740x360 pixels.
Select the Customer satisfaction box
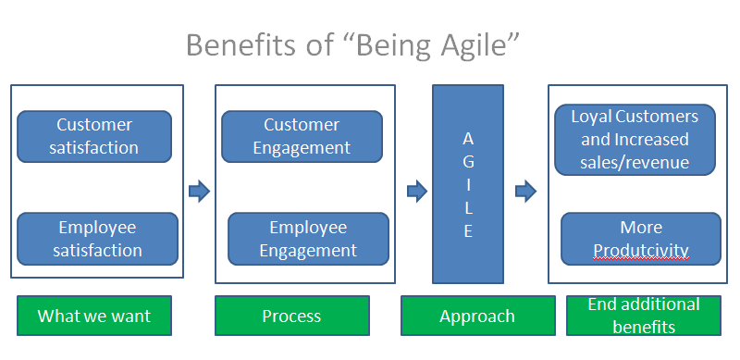coord(94,136)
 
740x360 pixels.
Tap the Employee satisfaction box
coord(97,238)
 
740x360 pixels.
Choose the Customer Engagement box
coord(302,136)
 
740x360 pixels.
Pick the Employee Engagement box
coord(307,238)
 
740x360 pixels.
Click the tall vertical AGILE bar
coord(468,183)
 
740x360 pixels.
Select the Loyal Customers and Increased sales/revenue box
coord(635,140)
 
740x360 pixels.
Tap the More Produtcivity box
coord(641,238)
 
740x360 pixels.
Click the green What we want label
coord(93,316)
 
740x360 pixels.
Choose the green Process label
coord(291,316)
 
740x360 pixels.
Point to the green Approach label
coord(476,316)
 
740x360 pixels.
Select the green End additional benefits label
coord(644,316)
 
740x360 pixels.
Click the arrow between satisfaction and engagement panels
coord(199,192)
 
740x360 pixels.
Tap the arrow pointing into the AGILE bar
coord(416,192)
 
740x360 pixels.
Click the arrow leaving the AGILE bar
coord(525,192)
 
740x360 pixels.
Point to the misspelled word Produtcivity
coord(641,250)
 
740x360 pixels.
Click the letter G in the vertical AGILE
coord(468,161)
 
